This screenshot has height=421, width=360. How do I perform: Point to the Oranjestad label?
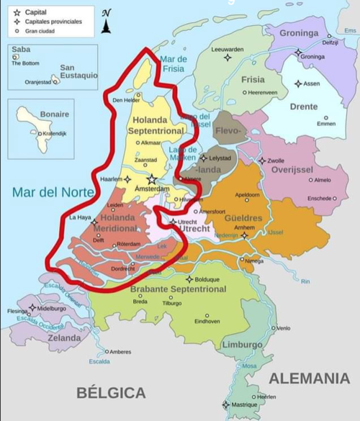(x=37, y=82)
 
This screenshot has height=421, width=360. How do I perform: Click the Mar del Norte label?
(x=51, y=192)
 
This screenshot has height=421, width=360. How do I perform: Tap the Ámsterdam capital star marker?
(x=151, y=178)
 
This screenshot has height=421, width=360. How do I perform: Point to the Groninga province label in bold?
(x=298, y=33)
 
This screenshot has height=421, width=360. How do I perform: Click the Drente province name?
(x=303, y=107)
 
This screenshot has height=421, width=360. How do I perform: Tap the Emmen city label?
(x=325, y=124)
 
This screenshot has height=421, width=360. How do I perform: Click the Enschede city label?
(x=320, y=198)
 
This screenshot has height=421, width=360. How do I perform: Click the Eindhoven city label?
(x=207, y=321)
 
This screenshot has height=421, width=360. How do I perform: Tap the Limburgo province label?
(x=241, y=345)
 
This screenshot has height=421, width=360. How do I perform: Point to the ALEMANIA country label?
(x=309, y=378)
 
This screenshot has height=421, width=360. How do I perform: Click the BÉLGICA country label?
(x=112, y=393)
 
